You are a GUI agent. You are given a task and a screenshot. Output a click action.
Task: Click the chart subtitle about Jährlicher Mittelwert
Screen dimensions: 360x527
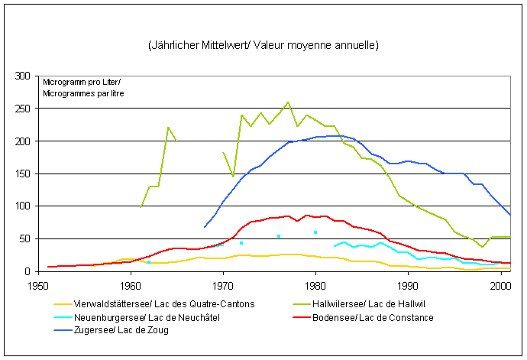263,46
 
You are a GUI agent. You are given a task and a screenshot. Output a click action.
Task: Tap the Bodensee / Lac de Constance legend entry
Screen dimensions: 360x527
379,317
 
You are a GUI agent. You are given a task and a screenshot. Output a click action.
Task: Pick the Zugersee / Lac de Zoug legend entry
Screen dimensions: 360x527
122,330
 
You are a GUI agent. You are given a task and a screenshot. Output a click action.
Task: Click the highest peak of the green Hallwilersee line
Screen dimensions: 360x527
288,102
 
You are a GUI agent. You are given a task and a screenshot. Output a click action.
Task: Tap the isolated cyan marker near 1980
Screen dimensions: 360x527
315,232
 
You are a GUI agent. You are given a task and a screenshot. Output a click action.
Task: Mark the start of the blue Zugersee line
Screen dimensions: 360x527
205,227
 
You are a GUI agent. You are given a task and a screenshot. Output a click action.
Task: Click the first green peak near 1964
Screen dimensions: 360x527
168,128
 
